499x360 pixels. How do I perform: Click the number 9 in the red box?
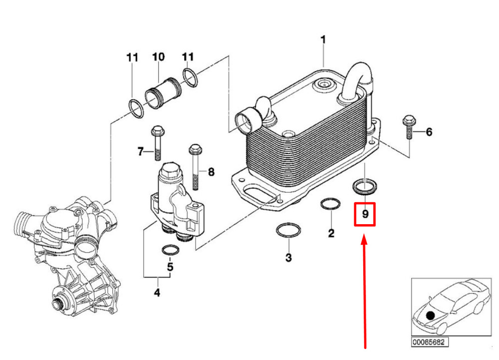click(x=365, y=214)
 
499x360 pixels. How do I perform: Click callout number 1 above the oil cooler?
click(x=323, y=40)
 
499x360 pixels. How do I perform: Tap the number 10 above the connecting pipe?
click(x=158, y=56)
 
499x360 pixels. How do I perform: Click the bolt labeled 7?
click(x=157, y=143)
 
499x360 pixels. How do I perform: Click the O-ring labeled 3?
click(x=288, y=230)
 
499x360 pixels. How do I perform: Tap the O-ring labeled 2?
click(x=330, y=204)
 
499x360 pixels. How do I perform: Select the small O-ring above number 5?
click(x=170, y=250)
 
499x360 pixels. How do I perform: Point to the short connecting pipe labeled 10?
click(x=164, y=93)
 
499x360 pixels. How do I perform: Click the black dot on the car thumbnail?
click(x=430, y=316)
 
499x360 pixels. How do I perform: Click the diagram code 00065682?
click(x=430, y=342)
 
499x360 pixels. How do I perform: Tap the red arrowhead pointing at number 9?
click(x=364, y=240)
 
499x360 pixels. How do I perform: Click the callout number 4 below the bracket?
click(x=157, y=292)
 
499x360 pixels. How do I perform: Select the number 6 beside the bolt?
click(x=429, y=132)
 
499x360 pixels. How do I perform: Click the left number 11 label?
click(x=132, y=57)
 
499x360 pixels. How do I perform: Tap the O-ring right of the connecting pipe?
click(x=190, y=77)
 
